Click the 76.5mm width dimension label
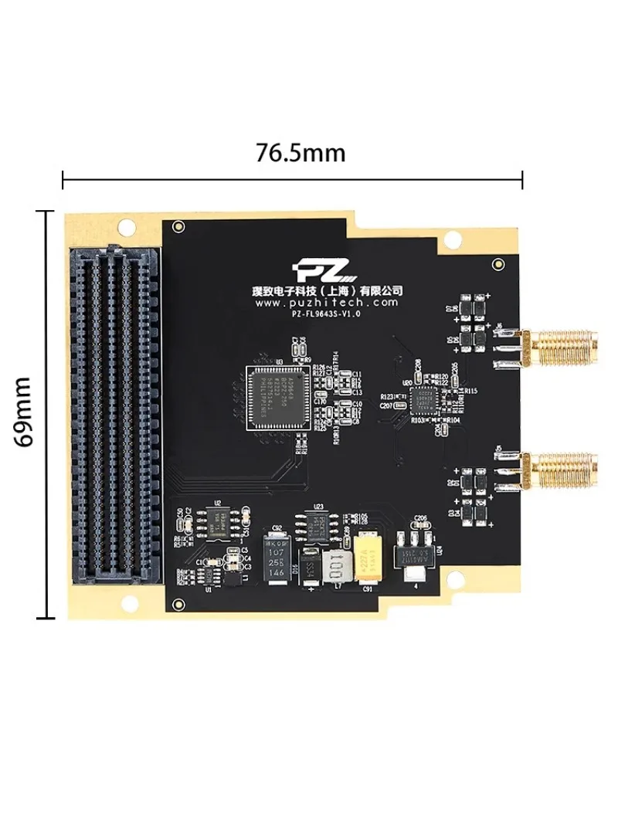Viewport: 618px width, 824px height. click(x=301, y=153)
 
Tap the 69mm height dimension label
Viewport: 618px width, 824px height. click(x=25, y=412)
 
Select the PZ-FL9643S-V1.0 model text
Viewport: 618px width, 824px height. click(x=328, y=314)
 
